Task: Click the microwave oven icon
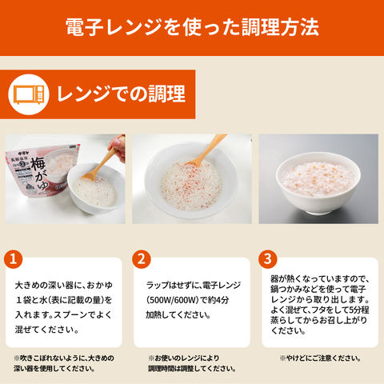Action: click(x=29, y=94)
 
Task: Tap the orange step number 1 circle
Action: click(x=13, y=259)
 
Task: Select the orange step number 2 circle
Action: click(x=142, y=259)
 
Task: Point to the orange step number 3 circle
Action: click(x=268, y=259)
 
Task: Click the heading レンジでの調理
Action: click(x=121, y=94)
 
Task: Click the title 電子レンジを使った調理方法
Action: click(x=192, y=27)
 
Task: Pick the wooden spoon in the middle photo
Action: click(x=206, y=150)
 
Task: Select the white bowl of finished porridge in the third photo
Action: click(x=318, y=183)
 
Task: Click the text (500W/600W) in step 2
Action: click(x=172, y=300)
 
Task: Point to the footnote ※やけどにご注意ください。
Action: click(x=320, y=358)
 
